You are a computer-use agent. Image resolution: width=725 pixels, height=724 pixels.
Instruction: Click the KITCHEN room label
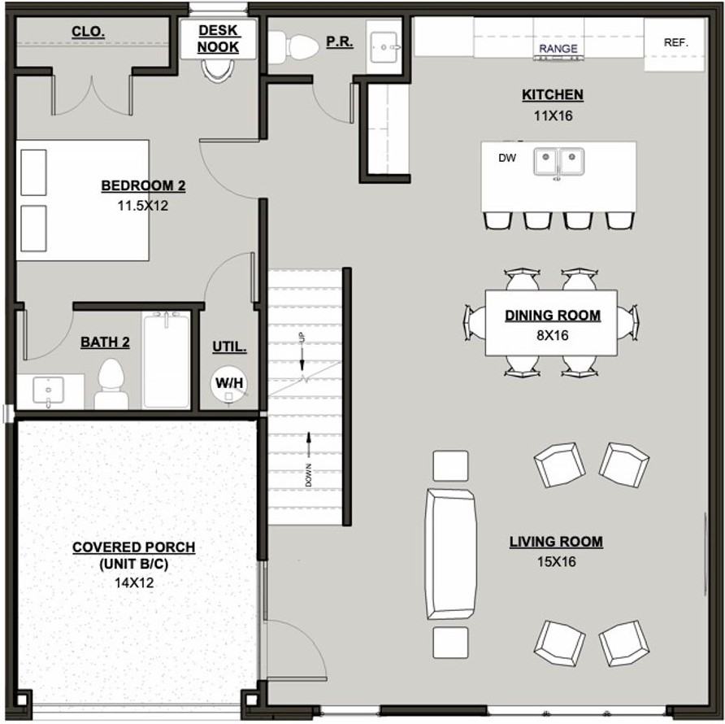[552, 95]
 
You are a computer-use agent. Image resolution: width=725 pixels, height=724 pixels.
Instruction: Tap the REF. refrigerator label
[675, 42]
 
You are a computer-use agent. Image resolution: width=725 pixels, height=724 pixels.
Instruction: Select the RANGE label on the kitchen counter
[558, 49]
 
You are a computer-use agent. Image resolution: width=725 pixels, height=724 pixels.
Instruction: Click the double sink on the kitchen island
[558, 161]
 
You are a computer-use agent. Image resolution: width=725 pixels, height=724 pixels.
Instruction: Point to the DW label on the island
[507, 158]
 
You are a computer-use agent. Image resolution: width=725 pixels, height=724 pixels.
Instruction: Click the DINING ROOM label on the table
[552, 316]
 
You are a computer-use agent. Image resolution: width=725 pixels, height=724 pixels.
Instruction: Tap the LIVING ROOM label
[556, 542]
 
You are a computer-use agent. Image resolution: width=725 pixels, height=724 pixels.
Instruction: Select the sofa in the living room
[450, 553]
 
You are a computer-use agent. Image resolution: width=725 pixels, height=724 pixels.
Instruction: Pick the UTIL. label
[229, 347]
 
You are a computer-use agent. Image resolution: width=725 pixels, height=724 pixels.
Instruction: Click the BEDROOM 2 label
[143, 186]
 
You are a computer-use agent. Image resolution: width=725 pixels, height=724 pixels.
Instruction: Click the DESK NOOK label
[218, 38]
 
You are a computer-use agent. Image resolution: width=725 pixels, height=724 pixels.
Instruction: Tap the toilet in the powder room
[293, 46]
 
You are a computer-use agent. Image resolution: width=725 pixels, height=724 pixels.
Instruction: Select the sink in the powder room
[383, 46]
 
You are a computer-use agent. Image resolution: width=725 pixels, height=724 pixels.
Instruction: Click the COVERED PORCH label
[133, 547]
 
